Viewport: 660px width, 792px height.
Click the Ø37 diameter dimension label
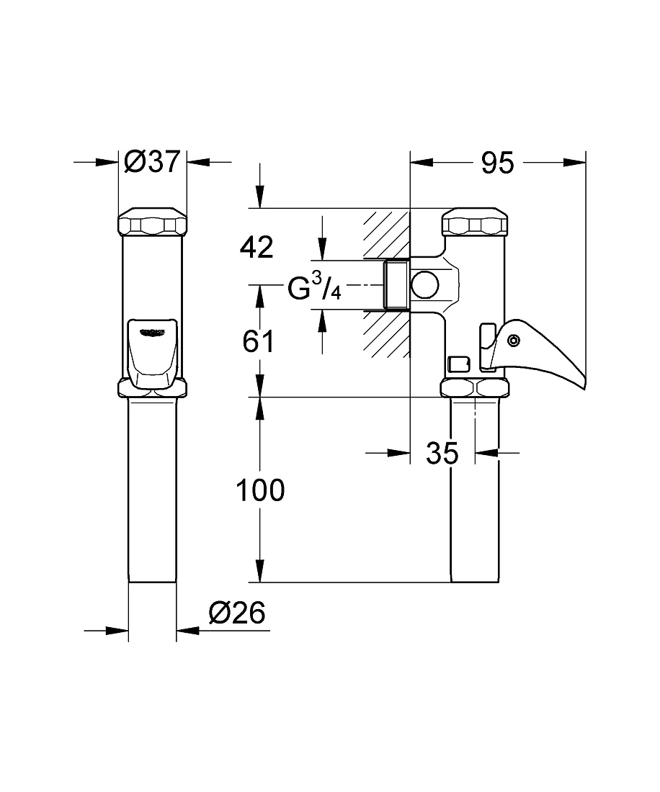click(152, 162)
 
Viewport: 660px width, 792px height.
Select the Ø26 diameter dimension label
click(236, 613)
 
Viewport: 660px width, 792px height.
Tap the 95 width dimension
click(497, 163)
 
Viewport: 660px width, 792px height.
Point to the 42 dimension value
click(257, 247)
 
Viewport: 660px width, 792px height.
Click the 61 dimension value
click(258, 341)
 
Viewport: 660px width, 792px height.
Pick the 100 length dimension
click(260, 490)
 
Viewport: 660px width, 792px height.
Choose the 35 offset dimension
click(442, 453)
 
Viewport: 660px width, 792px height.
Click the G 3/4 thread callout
click(314, 288)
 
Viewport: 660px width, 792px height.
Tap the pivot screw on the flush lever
click(514, 341)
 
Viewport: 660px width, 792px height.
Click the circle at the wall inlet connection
click(425, 285)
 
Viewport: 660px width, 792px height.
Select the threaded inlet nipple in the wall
click(397, 285)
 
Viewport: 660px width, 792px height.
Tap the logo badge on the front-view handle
click(153, 331)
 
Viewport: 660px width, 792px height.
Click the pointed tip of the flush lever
click(584, 389)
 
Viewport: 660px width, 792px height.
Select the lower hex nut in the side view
click(475, 387)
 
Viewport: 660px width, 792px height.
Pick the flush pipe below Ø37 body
click(152, 490)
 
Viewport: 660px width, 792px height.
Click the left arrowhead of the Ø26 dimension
click(117, 631)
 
